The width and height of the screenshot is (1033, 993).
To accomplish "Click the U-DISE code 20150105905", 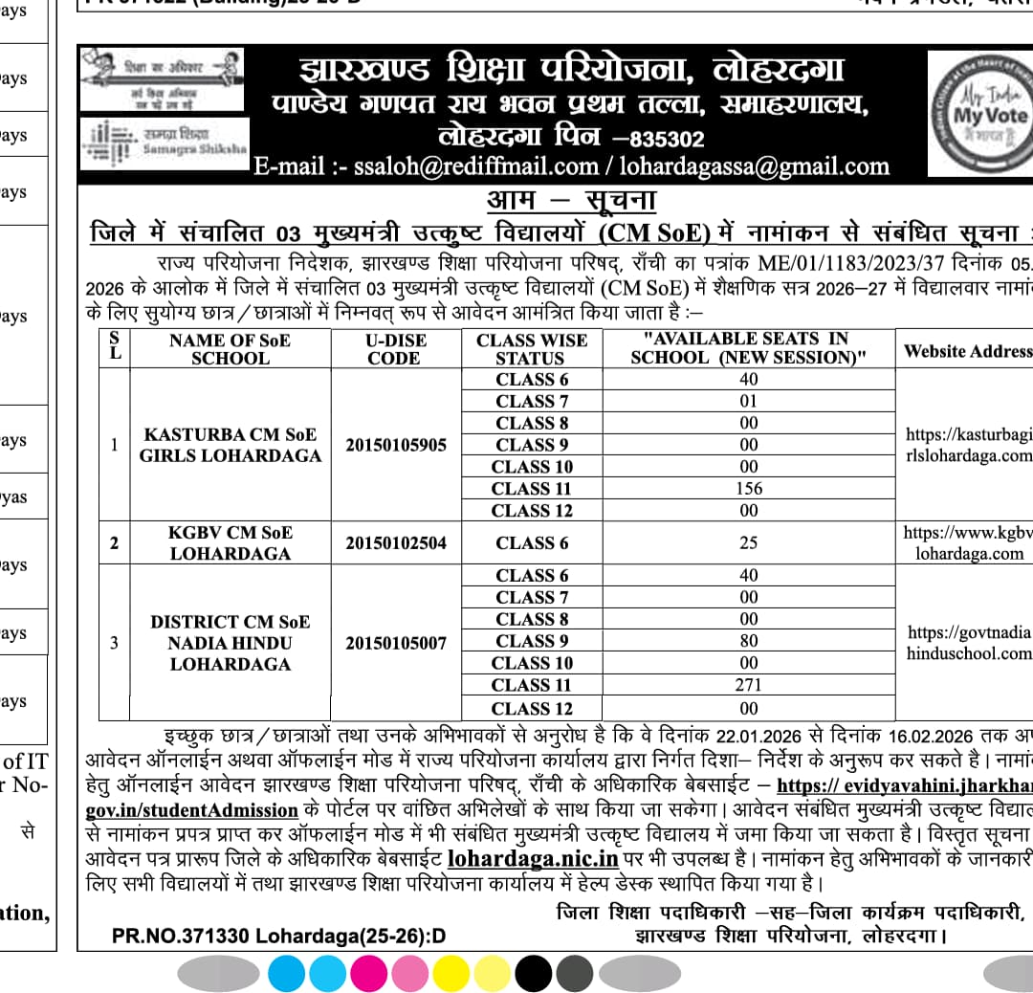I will pos(396,445).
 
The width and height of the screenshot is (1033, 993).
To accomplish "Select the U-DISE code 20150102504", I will pos(396,543).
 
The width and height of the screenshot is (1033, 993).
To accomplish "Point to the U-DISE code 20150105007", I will pos(396,643).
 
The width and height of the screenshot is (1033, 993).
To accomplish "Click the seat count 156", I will pos(749,489).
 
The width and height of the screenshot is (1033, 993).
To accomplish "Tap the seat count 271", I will pos(749,685).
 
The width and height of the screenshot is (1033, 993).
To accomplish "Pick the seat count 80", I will pos(749,641).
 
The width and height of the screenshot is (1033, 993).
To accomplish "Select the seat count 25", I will pos(749,543).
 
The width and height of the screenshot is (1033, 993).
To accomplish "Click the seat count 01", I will pos(749,401).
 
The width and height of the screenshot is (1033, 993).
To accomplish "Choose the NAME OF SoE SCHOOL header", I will pos(230,349).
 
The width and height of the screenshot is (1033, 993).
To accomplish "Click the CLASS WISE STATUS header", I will pos(532,349).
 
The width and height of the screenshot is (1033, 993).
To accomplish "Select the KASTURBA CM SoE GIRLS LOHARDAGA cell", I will pos(230,445).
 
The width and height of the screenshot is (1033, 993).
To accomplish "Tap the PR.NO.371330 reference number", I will pos(278,935).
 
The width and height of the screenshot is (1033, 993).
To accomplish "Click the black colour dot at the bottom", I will pos(533,973).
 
